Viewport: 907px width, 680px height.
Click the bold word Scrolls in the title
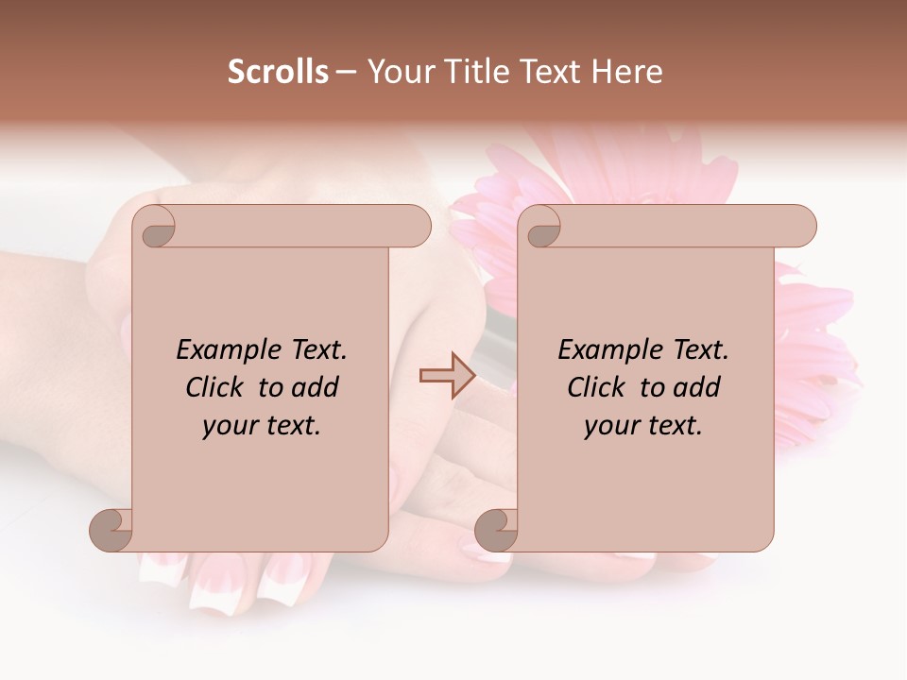point(279,72)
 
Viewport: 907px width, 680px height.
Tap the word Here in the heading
point(627,72)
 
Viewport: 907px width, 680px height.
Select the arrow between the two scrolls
point(447,376)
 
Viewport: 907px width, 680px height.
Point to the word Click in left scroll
point(216,388)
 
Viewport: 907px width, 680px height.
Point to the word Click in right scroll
point(598,388)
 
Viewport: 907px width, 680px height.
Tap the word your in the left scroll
point(228,426)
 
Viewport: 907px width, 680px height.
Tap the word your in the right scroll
point(609,426)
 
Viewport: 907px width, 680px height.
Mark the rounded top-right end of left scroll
point(416,226)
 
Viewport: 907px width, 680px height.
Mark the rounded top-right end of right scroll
point(801,226)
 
